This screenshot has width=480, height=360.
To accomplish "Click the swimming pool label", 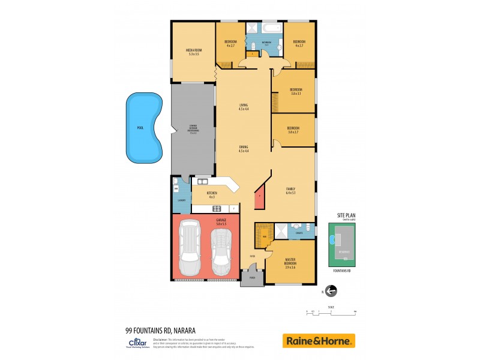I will pyautogui.click(x=140, y=128).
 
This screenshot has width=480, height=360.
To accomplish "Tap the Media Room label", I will pyautogui.click(x=193, y=52).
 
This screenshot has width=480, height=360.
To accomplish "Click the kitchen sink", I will pyautogui.click(x=202, y=181).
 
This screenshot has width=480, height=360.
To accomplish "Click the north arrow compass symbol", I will pyautogui.click(x=331, y=291).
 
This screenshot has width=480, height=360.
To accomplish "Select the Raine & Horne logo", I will pyautogui.click(x=319, y=341).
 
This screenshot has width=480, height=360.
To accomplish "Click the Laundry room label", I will pyautogui.click(x=181, y=200).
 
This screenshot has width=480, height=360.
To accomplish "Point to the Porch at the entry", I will pyautogui.click(x=252, y=278).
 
